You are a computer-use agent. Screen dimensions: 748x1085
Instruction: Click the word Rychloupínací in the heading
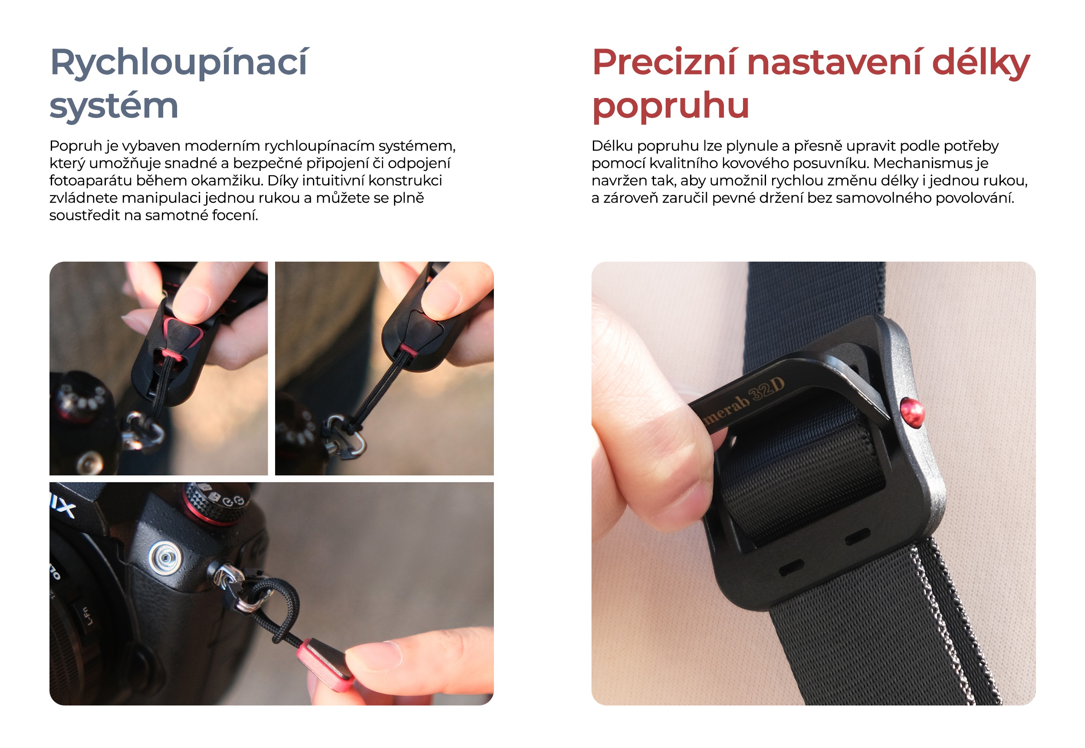[x=178, y=62]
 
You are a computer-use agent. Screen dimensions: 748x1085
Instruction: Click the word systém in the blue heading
[x=114, y=105]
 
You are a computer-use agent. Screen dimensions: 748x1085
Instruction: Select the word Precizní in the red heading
[x=664, y=62]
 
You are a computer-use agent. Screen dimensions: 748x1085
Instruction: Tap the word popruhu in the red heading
[x=670, y=105]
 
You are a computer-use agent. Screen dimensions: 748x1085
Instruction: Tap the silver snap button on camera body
[x=164, y=557]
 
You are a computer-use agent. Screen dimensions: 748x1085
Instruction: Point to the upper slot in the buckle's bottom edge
[x=857, y=538]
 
